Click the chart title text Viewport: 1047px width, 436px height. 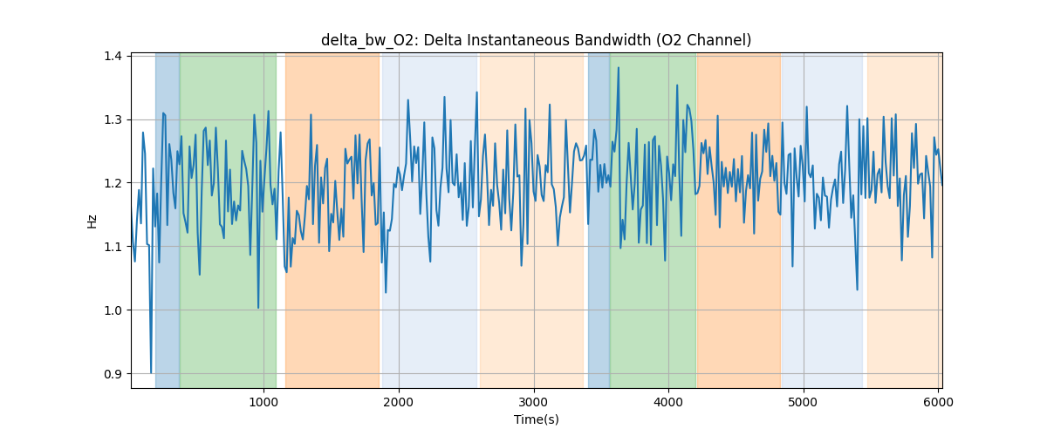tap(536, 40)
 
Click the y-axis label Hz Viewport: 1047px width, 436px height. tap(92, 221)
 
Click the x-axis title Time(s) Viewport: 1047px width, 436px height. tap(536, 419)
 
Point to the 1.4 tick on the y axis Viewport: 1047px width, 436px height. tap(114, 56)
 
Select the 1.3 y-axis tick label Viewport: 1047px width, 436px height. tap(114, 119)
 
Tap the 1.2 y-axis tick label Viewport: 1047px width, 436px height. tap(114, 183)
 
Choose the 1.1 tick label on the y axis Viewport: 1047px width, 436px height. tap(114, 247)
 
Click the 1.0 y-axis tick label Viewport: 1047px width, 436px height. tap(114, 310)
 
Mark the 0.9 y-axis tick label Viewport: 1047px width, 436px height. tap(114, 374)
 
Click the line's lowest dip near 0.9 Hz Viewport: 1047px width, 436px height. tap(151, 372)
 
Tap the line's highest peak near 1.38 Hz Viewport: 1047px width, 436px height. tap(618, 67)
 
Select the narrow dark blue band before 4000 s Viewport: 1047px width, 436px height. tap(599, 218)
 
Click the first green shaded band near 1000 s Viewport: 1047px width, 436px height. tap(227, 218)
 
